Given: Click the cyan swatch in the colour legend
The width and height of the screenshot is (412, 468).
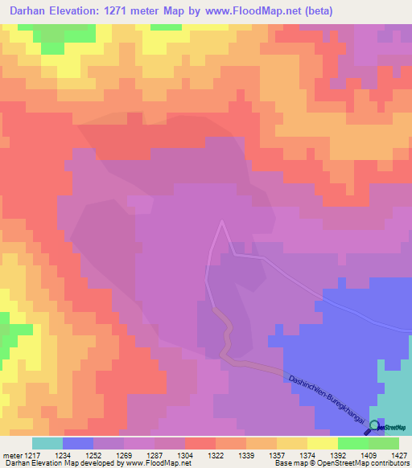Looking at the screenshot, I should point(47,443).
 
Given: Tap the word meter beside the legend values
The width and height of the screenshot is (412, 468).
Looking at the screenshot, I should point(12,455).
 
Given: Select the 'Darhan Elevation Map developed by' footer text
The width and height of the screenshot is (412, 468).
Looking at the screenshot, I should point(48,464).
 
